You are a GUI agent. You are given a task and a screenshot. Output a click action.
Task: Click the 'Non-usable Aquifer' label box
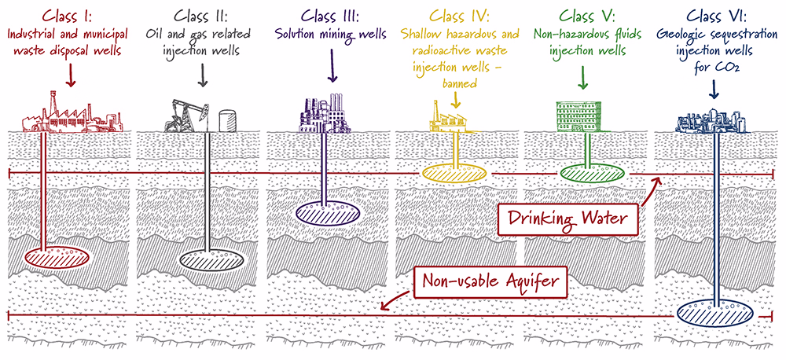point(490,281)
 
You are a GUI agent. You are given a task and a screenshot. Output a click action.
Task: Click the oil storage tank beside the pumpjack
point(227,121)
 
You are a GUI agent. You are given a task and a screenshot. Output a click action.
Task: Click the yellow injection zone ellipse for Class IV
point(454,172)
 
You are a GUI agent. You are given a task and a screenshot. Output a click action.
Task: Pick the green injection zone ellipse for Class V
point(592,172)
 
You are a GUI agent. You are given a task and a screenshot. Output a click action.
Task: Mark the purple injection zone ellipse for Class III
point(327,213)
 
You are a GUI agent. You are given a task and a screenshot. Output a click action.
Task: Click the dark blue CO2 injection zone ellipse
point(714,314)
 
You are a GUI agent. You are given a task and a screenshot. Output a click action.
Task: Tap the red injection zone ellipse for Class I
point(57,257)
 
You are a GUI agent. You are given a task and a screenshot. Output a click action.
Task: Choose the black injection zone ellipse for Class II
point(212,259)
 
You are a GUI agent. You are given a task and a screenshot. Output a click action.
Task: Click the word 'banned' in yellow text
point(459,84)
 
